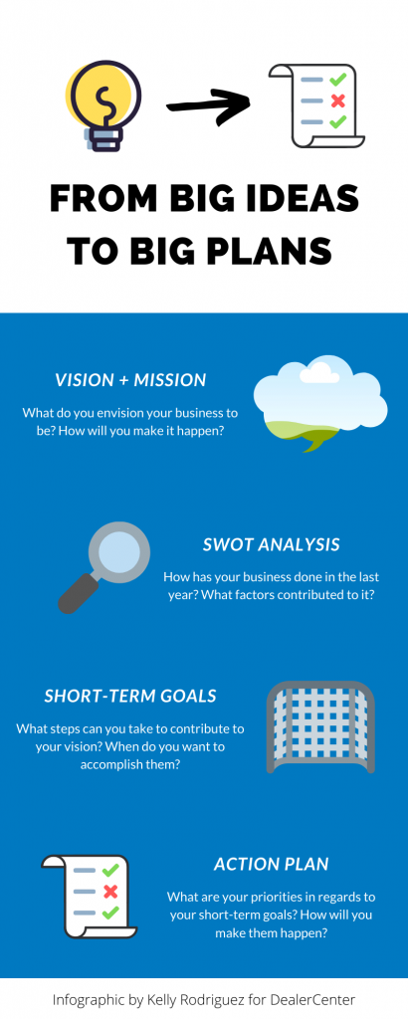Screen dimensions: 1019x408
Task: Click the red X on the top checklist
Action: [338, 101]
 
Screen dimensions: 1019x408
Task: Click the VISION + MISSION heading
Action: [130, 380]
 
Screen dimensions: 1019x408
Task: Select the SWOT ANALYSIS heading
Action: [271, 544]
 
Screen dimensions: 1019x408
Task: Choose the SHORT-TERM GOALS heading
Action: [130, 696]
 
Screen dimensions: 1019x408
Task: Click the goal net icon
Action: [320, 726]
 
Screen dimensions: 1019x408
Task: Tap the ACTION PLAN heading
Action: [271, 864]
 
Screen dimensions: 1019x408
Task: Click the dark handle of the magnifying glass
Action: [75, 595]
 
